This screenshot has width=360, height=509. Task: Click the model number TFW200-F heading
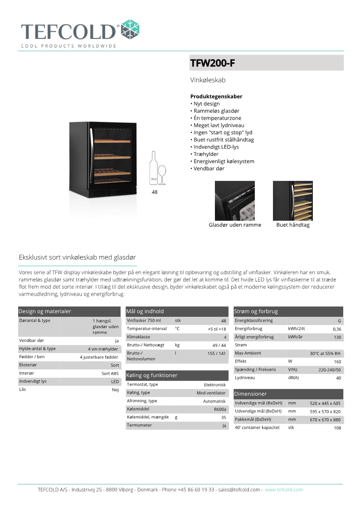[213, 63]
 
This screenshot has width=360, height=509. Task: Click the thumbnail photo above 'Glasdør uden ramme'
[234, 200]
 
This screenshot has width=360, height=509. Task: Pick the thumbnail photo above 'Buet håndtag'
[292, 200]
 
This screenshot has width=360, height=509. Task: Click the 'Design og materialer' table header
[44, 311]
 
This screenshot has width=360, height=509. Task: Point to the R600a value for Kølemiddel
[220, 409]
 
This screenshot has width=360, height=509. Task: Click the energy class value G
[339, 321]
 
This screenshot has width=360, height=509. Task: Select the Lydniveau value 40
[338, 378]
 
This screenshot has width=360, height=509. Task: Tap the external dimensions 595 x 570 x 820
[325, 412]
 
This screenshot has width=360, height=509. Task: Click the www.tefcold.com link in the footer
[284, 490]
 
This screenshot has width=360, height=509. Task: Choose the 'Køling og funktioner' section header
[151, 375]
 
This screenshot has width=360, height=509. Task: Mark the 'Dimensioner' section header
[250, 394]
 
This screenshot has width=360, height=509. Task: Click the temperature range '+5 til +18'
[217, 329]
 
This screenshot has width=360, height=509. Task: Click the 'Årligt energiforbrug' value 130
[337, 338]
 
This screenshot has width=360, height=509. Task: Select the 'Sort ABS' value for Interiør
[110, 373]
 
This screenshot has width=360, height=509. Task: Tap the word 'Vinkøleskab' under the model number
[208, 80]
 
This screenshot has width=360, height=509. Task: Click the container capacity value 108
[337, 428]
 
